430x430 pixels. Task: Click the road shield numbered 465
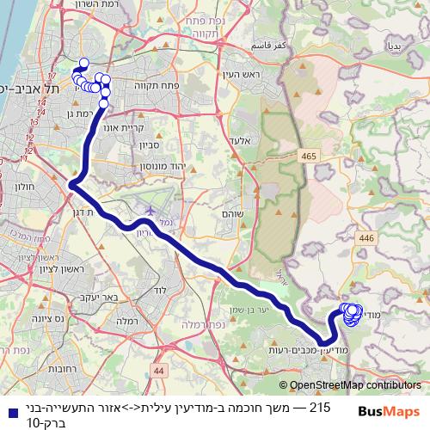coord(308,155)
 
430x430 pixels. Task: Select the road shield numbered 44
coord(158,370)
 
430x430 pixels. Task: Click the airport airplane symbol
coord(151,210)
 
